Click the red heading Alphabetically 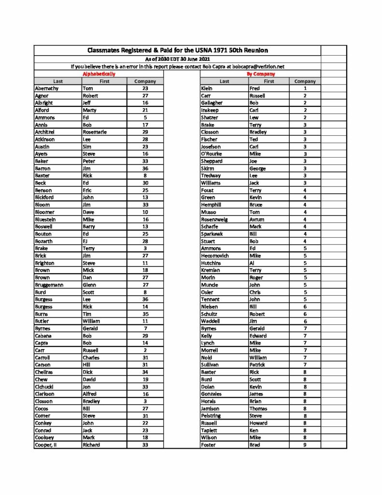(99, 74)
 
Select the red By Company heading (261, 74)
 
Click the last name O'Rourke (213, 154)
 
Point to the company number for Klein (305, 88)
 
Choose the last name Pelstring (213, 416)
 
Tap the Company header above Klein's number (305, 81)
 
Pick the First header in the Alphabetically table (104, 81)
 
